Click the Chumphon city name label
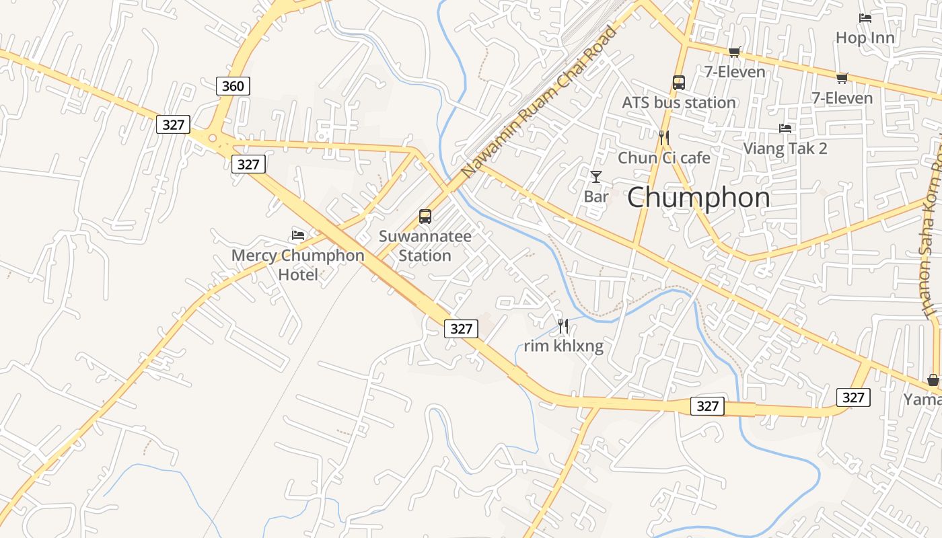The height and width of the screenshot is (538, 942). tap(698, 198)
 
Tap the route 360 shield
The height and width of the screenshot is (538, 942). tap(233, 86)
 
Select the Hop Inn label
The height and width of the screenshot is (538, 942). tap(865, 38)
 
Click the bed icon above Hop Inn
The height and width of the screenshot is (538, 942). tap(865, 18)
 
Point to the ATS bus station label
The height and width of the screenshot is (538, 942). tap(678, 103)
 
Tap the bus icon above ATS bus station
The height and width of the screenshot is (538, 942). tap(678, 83)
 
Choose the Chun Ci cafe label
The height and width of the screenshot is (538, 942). tap(663, 158)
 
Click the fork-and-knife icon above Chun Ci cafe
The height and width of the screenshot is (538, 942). tap(664, 138)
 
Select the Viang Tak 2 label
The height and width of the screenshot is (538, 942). tap(785, 149)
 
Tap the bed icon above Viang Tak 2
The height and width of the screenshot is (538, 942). tap(785, 128)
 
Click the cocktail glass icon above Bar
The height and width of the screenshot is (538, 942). tap(595, 177)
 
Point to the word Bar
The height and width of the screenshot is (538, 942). tap(595, 197)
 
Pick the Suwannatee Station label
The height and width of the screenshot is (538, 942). tap(425, 246)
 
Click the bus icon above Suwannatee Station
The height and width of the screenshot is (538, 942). tap(425, 217)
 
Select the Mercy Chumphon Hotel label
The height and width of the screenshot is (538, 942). tap(297, 265)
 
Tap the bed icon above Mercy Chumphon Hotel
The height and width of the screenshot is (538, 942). tap(298, 235)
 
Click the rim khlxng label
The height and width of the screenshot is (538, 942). tap(563, 346)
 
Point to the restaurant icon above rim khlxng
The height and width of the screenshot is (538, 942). tap(563, 326)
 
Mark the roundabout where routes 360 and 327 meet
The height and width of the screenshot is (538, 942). tap(213, 139)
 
